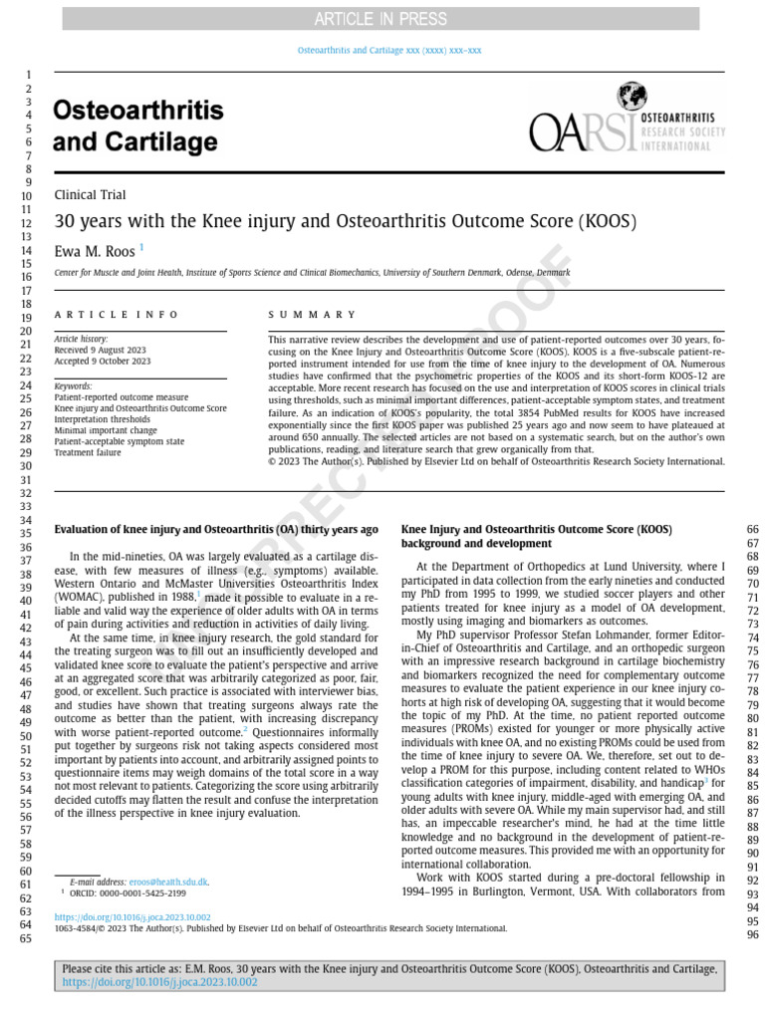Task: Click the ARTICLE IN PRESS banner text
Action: pos(381,19)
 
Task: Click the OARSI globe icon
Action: pos(631,97)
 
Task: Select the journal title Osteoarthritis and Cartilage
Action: pos(137,126)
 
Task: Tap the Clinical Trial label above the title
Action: pos(90,195)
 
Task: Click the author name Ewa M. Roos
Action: pos(95,251)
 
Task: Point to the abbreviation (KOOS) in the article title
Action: pos(607,222)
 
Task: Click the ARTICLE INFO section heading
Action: pos(117,314)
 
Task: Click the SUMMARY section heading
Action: pos(312,314)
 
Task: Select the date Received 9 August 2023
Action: pos(100,350)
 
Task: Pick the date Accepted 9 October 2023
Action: pos(102,361)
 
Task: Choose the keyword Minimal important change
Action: pos(106,430)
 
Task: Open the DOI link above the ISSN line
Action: pos(131,916)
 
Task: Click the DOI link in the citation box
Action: pos(159,982)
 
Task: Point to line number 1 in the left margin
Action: pos(29,76)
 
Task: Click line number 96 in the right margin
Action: pos(752,935)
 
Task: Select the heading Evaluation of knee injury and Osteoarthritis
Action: pos(215,529)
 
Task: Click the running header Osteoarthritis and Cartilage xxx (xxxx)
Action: pos(389,50)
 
